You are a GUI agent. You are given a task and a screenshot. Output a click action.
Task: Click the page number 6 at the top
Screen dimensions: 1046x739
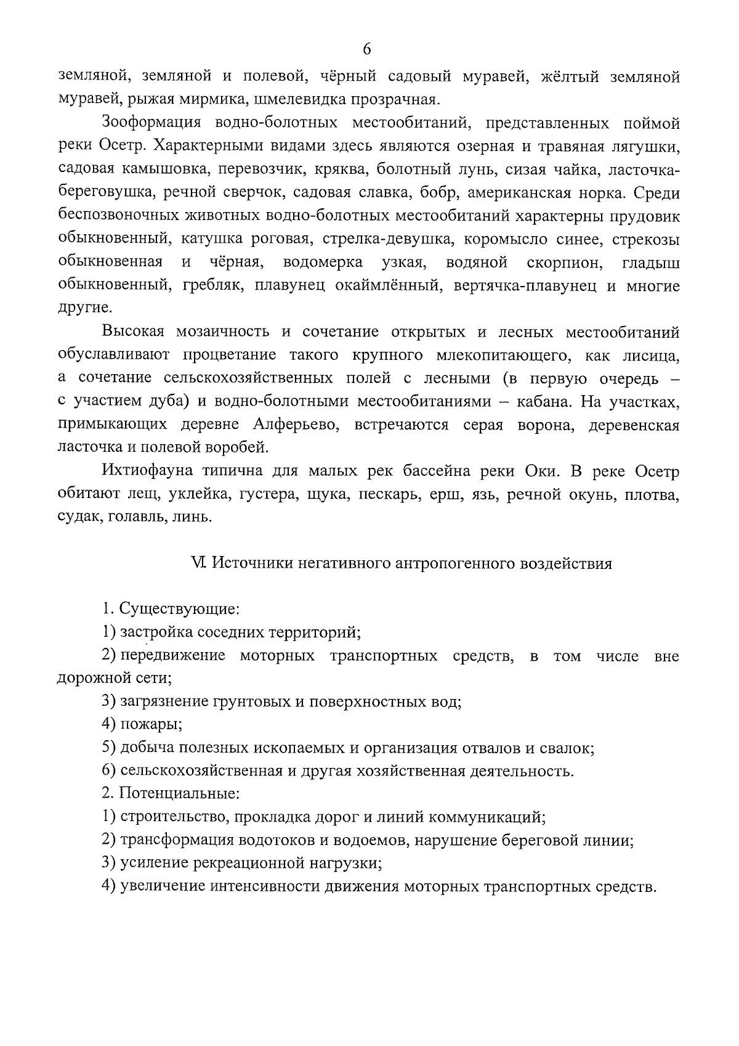tap(368, 49)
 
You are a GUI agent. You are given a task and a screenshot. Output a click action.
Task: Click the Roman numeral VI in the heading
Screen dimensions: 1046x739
tap(198, 563)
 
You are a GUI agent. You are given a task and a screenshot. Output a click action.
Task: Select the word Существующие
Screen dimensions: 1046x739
tap(178, 609)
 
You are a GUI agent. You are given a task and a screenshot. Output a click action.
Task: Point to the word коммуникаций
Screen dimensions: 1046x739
tap(495, 817)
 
